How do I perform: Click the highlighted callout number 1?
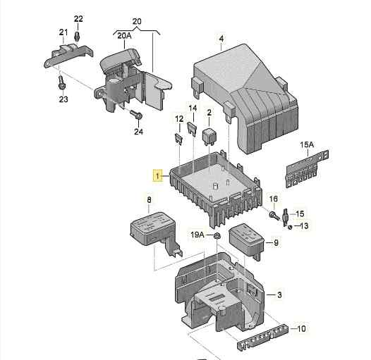(x=157, y=176)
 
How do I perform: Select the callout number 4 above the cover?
(x=221, y=38)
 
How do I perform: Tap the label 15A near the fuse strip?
(x=306, y=145)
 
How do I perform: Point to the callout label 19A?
(x=197, y=235)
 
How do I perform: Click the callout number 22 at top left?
(x=78, y=18)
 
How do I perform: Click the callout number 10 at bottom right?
(x=302, y=329)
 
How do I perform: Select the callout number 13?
(x=305, y=225)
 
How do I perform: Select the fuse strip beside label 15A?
(x=306, y=169)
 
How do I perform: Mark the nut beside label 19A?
(x=218, y=235)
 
